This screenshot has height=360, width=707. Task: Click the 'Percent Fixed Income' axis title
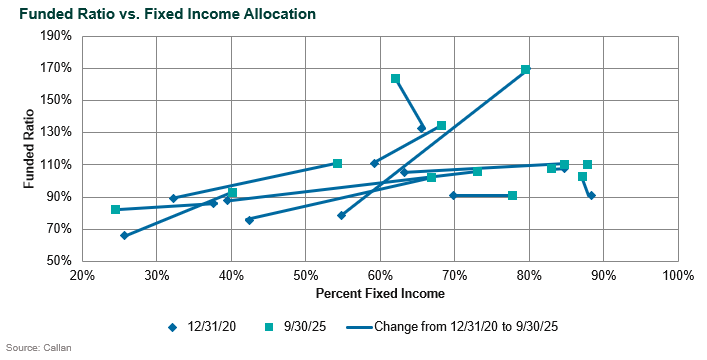click(x=379, y=295)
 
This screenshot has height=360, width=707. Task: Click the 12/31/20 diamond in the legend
click(x=172, y=326)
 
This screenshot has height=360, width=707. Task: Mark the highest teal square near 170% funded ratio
click(x=525, y=70)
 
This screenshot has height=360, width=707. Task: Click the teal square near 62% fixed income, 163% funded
click(x=395, y=79)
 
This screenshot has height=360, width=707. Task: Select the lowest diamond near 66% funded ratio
click(x=124, y=236)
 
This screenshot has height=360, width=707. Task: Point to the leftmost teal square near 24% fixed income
click(x=115, y=210)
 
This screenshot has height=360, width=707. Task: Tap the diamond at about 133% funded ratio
click(x=421, y=128)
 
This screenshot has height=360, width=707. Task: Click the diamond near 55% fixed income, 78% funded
click(x=341, y=215)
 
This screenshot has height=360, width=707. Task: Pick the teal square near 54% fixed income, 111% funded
click(x=337, y=163)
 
